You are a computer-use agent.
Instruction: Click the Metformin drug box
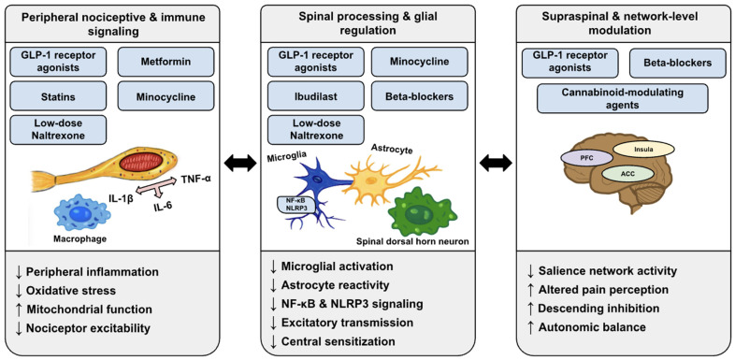[x=166, y=62]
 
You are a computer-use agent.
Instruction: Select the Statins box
[x=58, y=96]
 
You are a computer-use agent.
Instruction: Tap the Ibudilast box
[x=315, y=96]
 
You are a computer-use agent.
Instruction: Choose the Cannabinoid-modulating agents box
[x=623, y=98]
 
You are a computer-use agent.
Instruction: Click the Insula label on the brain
[x=644, y=150]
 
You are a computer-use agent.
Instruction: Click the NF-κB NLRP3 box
[x=295, y=204]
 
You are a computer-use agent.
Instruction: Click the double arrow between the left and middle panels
[x=240, y=163]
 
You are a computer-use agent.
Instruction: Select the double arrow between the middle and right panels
[x=497, y=163]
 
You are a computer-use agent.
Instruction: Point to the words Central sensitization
[x=338, y=340]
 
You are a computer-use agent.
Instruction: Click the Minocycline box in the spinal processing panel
[x=420, y=62]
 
